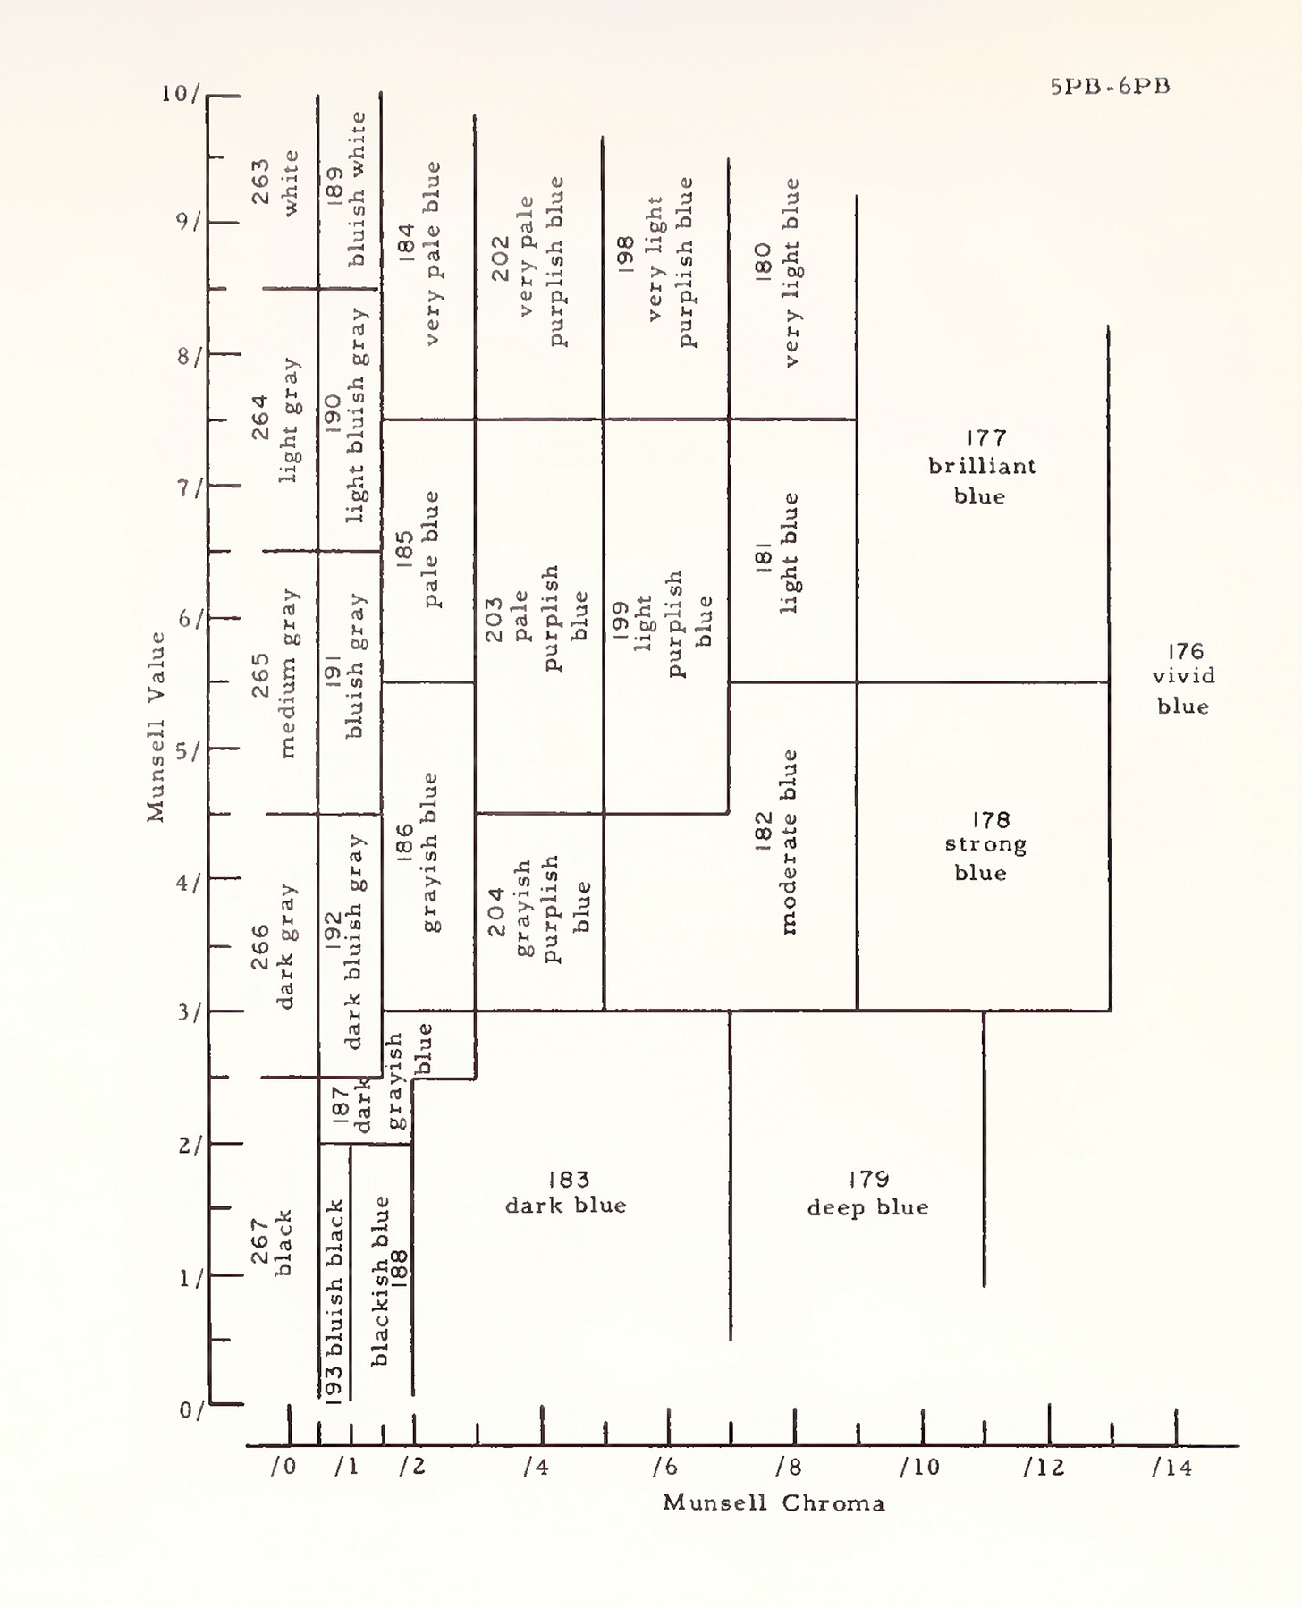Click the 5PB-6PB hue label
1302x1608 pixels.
[1110, 87]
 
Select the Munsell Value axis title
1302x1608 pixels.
[156, 726]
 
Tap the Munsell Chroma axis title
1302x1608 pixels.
[774, 1502]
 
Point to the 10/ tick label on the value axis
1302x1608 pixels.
[181, 93]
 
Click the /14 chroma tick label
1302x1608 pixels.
[1172, 1468]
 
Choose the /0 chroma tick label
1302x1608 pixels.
[283, 1468]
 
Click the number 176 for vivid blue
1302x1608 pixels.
[1185, 651]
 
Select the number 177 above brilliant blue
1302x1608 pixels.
[985, 438]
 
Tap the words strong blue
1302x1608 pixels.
[984, 858]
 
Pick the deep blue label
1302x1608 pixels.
[867, 1207]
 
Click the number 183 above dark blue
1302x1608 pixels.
[568, 1180]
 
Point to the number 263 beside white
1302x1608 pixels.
[260, 182]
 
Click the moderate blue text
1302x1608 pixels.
[789, 842]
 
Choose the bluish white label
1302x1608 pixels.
[357, 189]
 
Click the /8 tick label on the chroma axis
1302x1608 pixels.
[789, 1468]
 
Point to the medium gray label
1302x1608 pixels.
[288, 673]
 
